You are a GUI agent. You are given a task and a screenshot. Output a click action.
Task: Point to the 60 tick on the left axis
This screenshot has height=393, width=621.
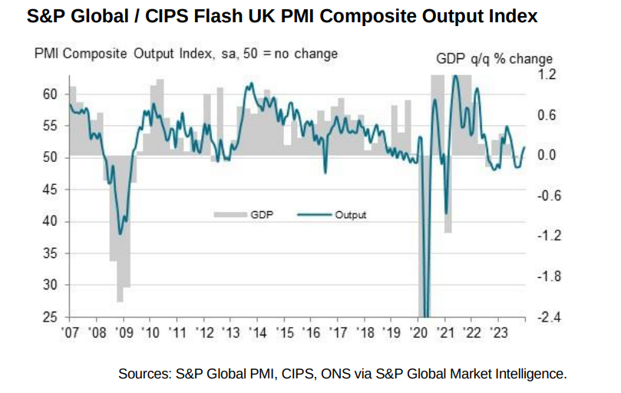pos(50,94)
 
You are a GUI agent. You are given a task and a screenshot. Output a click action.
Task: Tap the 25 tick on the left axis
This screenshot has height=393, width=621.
pos(50,317)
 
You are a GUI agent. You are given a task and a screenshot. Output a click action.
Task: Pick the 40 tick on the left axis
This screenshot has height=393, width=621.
pos(50,221)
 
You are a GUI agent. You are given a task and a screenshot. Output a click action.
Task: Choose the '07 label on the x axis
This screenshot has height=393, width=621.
pos(71,333)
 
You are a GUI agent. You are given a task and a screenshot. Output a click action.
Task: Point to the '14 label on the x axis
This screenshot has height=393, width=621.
pos(258,333)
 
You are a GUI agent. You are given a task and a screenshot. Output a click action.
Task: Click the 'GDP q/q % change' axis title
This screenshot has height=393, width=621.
pos(494,59)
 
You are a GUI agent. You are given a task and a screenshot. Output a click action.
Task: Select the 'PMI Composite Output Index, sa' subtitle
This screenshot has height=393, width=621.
pos(130,54)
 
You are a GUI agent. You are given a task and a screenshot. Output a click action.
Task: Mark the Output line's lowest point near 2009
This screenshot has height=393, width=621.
pos(120,234)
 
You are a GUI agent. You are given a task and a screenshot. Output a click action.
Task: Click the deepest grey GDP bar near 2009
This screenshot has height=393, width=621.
pos(120,299)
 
